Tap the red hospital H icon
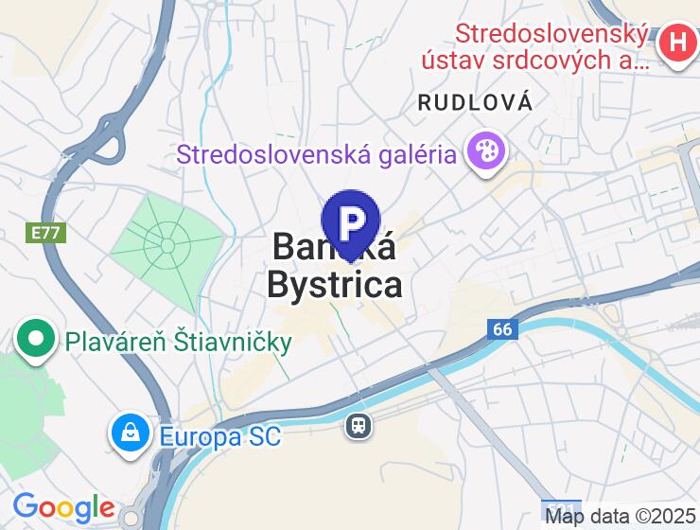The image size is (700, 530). [x=677, y=42]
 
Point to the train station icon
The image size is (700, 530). [x=359, y=426]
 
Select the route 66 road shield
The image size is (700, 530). [x=503, y=329]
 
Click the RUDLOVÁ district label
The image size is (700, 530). [x=475, y=103]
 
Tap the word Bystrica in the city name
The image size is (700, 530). [x=334, y=284]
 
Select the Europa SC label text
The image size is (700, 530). [x=220, y=437]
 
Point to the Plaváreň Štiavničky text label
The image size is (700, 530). [x=179, y=341]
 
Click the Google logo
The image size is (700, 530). [x=63, y=508]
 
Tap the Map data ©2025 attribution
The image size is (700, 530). [x=621, y=517]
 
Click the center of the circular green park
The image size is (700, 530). [x=167, y=245]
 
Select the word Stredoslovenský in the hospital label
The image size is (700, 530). [x=551, y=35]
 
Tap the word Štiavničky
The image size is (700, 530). [x=233, y=341]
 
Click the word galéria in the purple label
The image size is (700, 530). [x=411, y=153]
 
